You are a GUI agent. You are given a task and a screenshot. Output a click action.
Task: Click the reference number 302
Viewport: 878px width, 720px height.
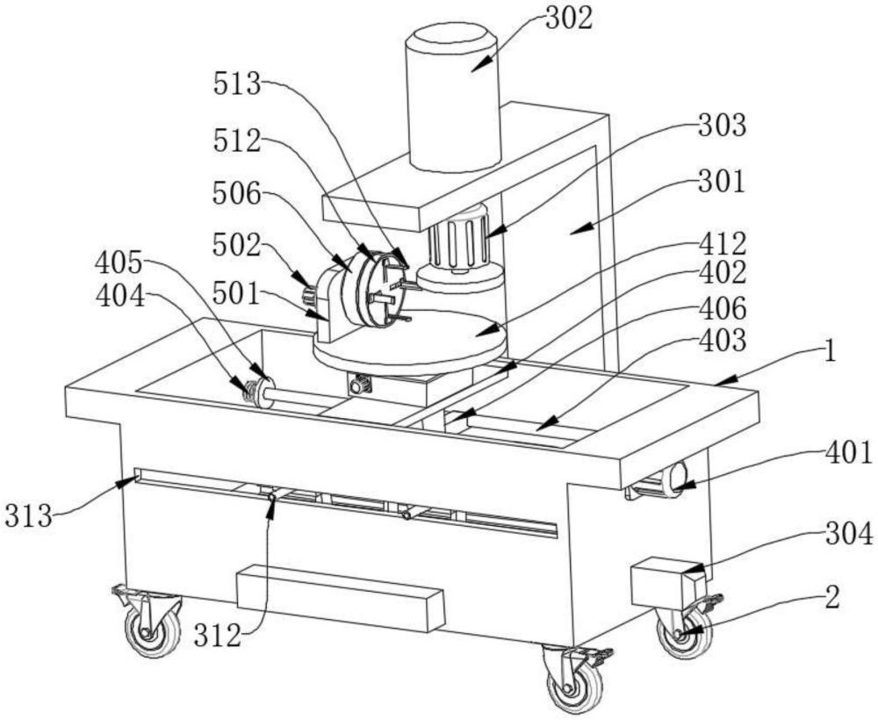click(x=569, y=19)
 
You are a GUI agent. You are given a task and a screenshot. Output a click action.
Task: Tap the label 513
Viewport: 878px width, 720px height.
click(x=237, y=84)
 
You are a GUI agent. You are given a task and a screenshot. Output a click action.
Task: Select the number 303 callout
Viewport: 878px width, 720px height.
click(x=723, y=126)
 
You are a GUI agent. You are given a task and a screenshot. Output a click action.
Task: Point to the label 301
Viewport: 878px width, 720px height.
click(x=722, y=182)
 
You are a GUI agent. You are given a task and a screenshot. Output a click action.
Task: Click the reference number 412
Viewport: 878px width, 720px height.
click(x=723, y=244)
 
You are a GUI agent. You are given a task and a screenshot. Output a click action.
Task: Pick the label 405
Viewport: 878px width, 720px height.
click(x=119, y=263)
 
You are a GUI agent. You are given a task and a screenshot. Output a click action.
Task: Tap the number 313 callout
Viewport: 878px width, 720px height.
click(x=29, y=515)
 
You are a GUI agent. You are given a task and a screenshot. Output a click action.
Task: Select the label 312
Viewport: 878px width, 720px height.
click(x=218, y=636)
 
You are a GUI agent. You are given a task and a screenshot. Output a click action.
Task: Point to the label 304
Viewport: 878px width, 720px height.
click(x=849, y=536)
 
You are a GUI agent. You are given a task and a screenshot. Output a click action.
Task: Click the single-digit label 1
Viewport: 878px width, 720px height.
click(x=831, y=353)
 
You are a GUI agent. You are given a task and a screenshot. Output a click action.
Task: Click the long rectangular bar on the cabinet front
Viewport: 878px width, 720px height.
click(x=341, y=598)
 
